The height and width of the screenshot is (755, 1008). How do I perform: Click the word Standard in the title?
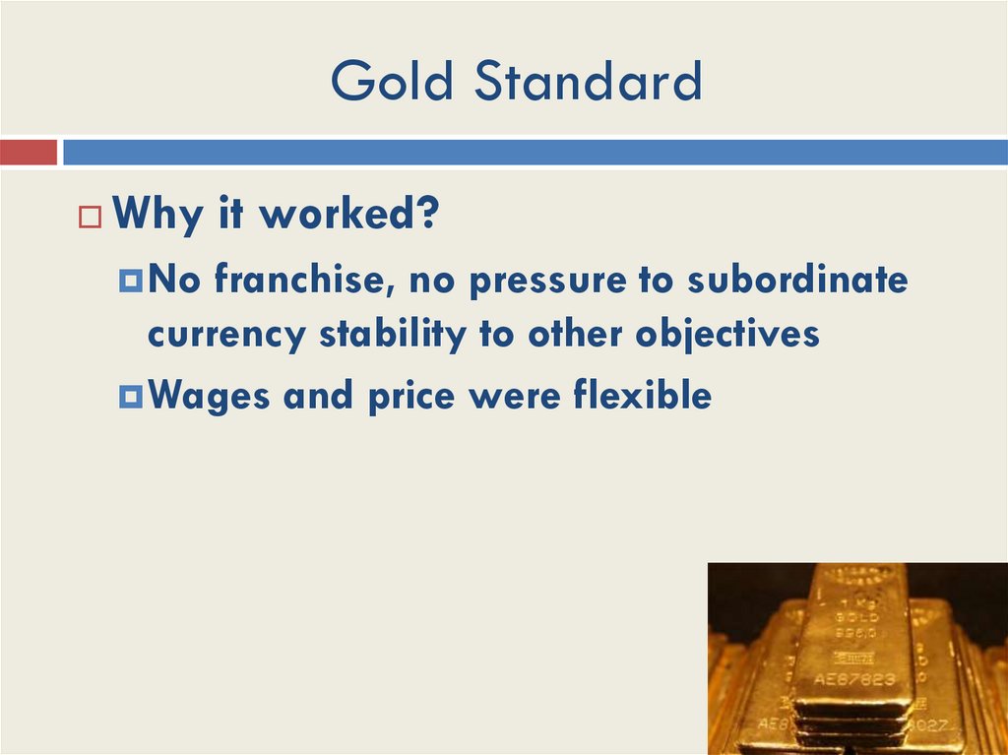coord(589,82)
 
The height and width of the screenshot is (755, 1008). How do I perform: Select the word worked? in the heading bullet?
coord(348,216)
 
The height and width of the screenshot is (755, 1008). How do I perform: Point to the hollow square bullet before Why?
coord(91,218)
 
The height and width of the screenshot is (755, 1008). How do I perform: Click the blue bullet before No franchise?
coord(131,283)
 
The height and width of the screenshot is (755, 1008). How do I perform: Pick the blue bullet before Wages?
coord(131,397)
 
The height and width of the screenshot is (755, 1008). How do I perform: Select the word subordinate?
coord(797,281)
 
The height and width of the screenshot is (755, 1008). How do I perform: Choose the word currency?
coord(227,335)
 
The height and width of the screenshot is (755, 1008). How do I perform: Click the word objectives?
coord(727,335)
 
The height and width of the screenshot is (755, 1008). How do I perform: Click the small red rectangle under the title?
coord(29,152)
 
